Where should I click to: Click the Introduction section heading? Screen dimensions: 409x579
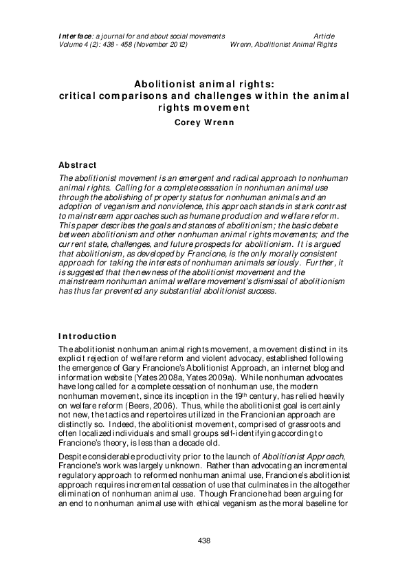[87, 336]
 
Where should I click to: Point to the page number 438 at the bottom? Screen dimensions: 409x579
[204, 541]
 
